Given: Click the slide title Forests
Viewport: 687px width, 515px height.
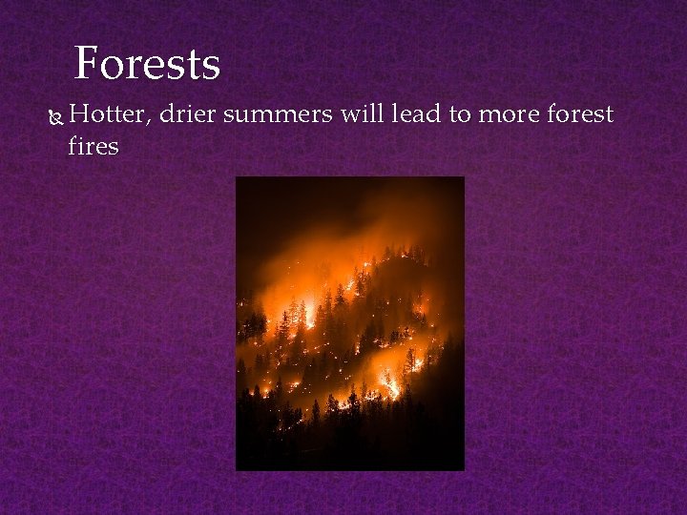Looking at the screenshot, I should point(147,65).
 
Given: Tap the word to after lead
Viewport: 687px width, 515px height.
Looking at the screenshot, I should point(461,115).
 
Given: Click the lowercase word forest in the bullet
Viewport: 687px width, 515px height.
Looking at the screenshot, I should point(581,115).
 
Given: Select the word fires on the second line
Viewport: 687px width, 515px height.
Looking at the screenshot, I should point(94,146).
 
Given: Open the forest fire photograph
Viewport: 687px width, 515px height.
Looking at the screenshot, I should point(350,323).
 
